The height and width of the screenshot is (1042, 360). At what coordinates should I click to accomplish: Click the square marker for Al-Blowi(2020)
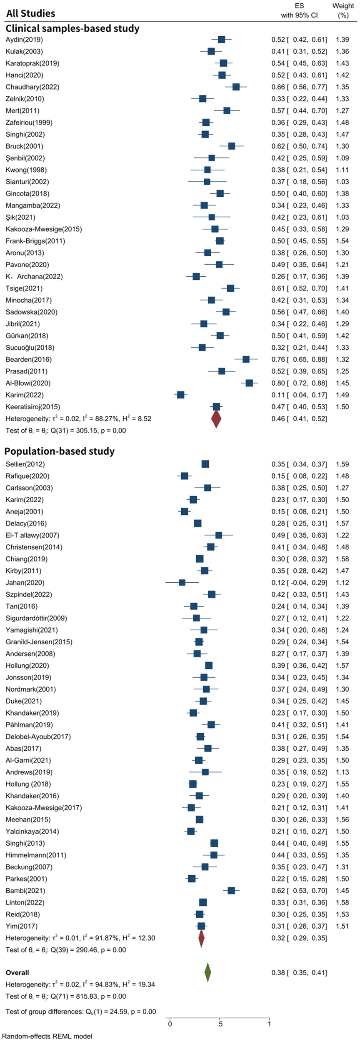[x=249, y=383]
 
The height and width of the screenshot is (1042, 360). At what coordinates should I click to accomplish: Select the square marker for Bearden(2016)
[x=246, y=359]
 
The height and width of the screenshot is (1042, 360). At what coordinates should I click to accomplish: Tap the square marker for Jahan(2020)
[x=182, y=582]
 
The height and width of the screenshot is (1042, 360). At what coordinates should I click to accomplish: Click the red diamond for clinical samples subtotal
[x=216, y=418]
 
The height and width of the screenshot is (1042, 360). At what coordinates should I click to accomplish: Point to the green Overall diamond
[x=207, y=972]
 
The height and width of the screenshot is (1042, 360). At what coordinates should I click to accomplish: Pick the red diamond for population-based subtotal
[x=201, y=938]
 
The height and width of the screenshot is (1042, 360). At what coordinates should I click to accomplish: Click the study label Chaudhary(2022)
[x=32, y=87]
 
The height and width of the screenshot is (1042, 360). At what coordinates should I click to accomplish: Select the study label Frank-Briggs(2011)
[x=35, y=241]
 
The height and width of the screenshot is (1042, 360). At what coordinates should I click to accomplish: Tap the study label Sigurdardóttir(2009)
[x=36, y=618]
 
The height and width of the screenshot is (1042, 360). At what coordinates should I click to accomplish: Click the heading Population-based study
[x=60, y=451]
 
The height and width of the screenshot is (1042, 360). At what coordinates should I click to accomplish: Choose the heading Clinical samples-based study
[x=72, y=28]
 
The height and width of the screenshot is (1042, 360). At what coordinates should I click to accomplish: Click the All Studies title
[x=30, y=13]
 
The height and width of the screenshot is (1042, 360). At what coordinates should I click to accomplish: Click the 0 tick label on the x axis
[x=170, y=1024]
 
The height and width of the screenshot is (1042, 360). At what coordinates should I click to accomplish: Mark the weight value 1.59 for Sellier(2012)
[x=341, y=464]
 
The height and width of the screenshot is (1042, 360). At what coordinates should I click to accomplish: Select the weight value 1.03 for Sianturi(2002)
[x=341, y=182]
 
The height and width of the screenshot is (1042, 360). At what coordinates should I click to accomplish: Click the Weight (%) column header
[x=343, y=10]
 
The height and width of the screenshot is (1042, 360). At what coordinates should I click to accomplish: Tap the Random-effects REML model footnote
[x=47, y=1036]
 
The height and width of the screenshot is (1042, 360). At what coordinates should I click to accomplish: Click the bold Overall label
[x=17, y=973]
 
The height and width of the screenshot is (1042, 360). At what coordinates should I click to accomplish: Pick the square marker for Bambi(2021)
[x=231, y=891]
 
